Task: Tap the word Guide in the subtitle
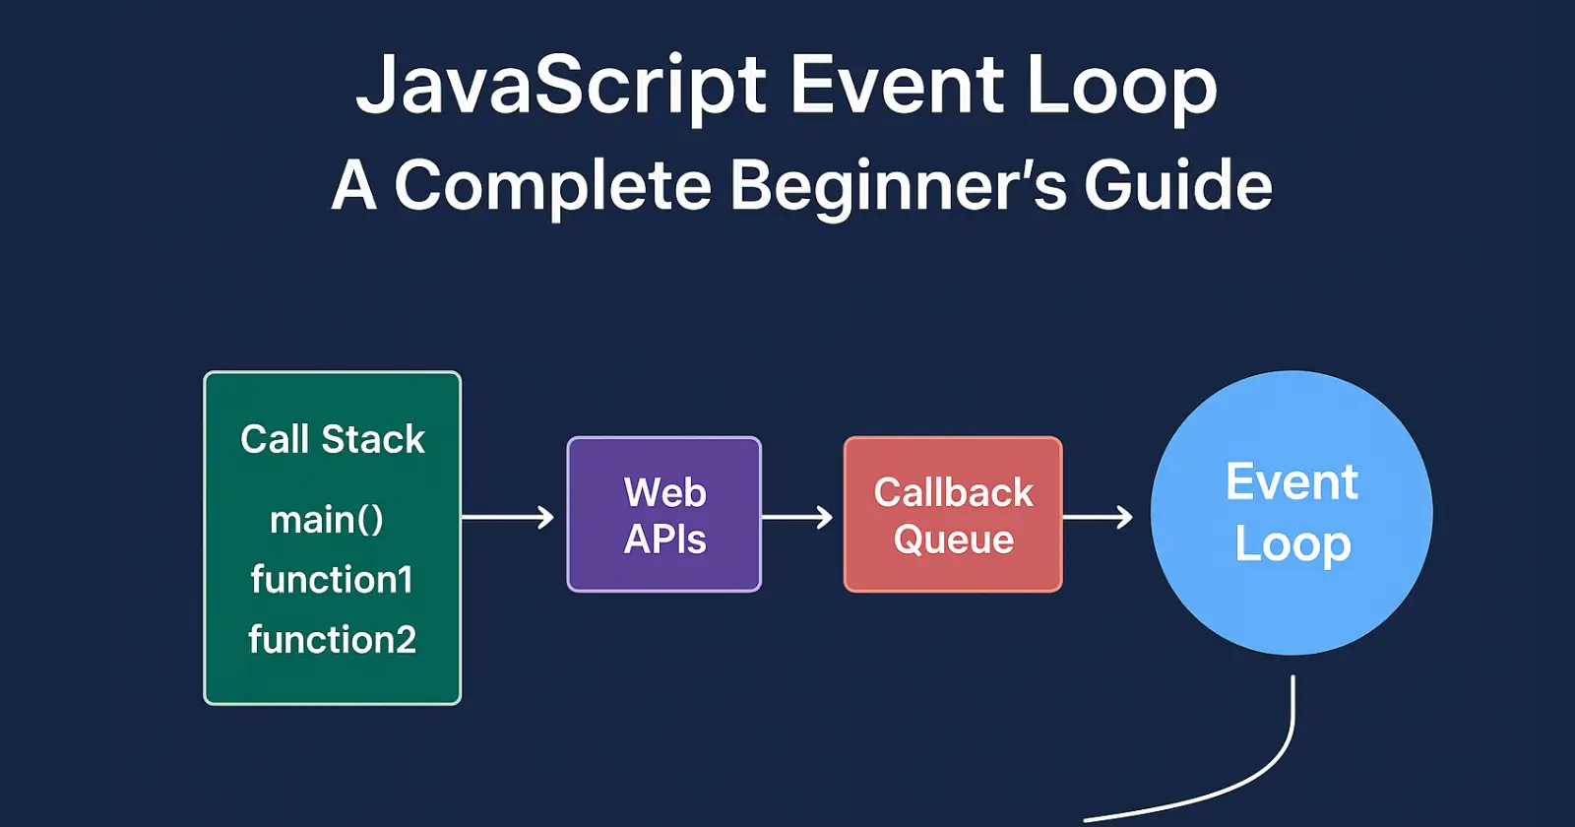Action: pyautogui.click(x=1178, y=183)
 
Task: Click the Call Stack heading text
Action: pyautogui.click(x=333, y=439)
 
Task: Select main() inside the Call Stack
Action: pyautogui.click(x=327, y=521)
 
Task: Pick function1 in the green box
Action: pyautogui.click(x=332, y=580)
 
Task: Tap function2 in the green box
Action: pyautogui.click(x=333, y=639)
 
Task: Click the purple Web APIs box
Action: pyautogui.click(x=664, y=514)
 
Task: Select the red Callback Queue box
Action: pyautogui.click(x=954, y=514)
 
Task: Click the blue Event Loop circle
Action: pyautogui.click(x=1291, y=513)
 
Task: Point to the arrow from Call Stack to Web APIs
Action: pyautogui.click(x=508, y=517)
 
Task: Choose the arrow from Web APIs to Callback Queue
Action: pyautogui.click(x=797, y=517)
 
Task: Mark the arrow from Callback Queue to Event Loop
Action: pyautogui.click(x=1098, y=517)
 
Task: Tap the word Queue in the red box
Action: pyautogui.click(x=954, y=541)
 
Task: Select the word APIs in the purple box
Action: pyautogui.click(x=665, y=541)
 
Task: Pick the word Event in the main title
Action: pyautogui.click(x=898, y=86)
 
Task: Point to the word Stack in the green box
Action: pyautogui.click(x=373, y=439)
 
